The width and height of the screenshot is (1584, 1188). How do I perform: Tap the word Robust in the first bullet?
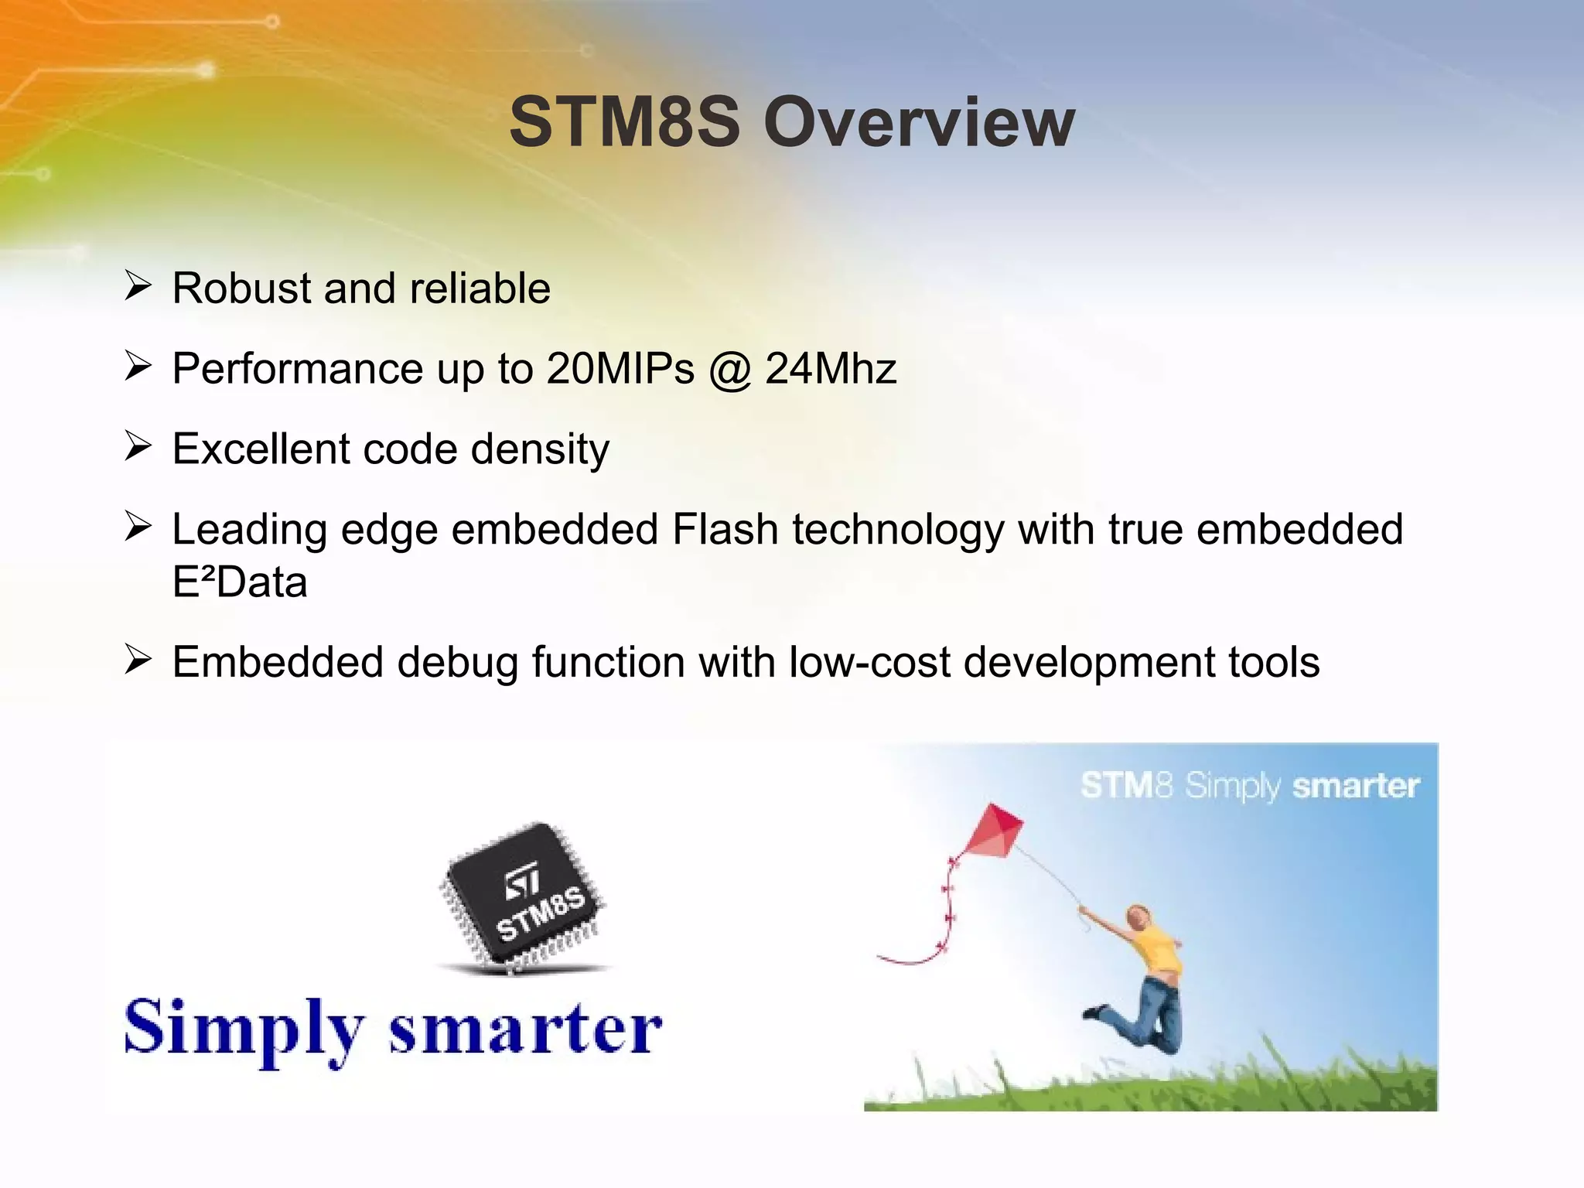241,288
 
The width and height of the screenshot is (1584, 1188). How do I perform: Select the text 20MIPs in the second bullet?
620,369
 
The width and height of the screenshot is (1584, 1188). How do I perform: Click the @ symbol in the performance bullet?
729,369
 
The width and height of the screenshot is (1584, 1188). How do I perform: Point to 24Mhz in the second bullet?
831,369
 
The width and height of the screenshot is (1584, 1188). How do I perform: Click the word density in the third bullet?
540,449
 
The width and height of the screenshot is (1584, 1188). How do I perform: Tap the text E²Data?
239,582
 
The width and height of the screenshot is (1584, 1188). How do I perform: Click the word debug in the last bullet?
457,663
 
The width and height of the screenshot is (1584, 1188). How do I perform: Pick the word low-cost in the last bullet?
869,663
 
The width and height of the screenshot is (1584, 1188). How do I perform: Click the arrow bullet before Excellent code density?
138,446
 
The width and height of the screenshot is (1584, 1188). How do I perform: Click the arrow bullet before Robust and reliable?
138,285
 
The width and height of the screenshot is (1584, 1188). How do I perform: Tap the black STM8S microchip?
523,897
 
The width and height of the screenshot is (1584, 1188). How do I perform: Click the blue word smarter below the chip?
525,1029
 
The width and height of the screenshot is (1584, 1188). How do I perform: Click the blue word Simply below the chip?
244,1029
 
